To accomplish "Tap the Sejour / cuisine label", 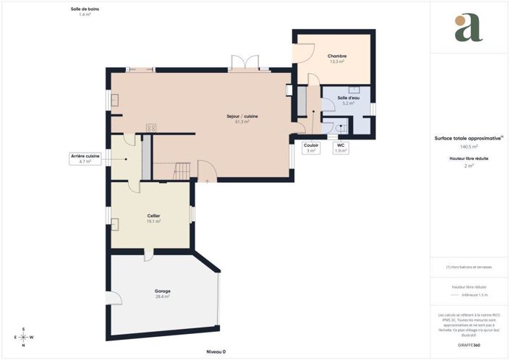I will [x=242, y=119].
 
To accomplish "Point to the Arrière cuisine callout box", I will [x=85, y=158].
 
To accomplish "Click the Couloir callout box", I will [x=311, y=147].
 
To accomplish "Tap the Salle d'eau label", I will [x=348, y=100].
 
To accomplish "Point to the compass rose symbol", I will [x=23, y=337].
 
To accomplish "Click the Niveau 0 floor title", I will [x=216, y=351].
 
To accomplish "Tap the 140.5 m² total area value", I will [x=469, y=146].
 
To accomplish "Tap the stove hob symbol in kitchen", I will [x=151, y=128].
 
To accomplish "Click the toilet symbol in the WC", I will [x=342, y=128].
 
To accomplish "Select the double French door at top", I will [x=241, y=64].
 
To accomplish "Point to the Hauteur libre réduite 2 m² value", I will [x=469, y=166].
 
